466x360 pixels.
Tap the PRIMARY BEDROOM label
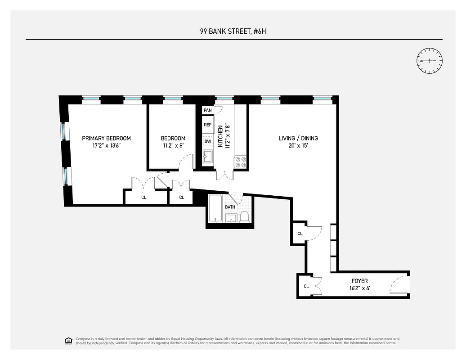click(x=106, y=138)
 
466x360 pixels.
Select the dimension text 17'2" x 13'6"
click(x=106, y=146)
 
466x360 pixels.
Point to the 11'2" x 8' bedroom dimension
click(x=173, y=146)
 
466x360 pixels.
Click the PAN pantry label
click(x=207, y=110)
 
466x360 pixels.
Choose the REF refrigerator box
click(x=207, y=125)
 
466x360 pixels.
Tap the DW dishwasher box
click(x=207, y=141)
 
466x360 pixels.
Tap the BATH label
click(x=230, y=207)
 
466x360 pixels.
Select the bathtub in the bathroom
click(x=215, y=210)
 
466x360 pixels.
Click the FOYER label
click(x=359, y=281)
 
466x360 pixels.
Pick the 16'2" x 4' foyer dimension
click(x=359, y=288)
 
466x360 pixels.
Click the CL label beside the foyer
click(x=306, y=286)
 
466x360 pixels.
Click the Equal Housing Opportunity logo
click(x=68, y=340)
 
